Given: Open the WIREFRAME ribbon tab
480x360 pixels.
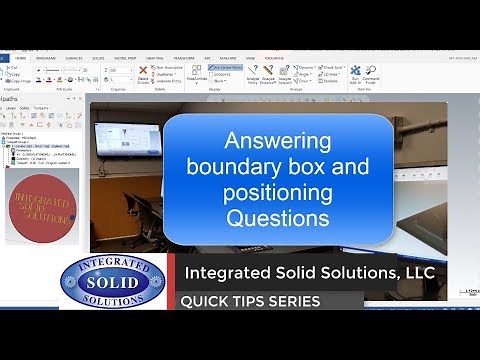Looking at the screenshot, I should (46, 57).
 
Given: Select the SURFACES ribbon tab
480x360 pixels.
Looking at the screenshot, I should (74, 57).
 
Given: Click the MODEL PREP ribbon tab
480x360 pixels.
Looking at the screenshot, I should (125, 57).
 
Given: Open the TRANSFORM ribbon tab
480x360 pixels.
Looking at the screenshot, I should (184, 57).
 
